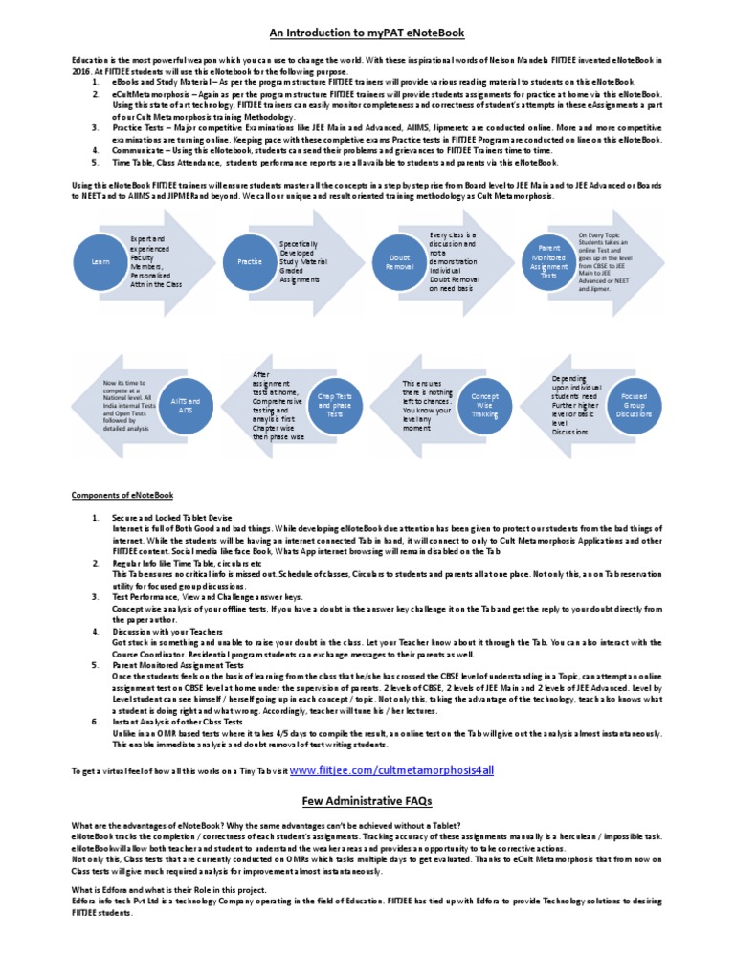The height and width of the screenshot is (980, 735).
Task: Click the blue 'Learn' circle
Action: pyautogui.click(x=94, y=260)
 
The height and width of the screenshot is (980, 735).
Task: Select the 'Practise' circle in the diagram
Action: pyautogui.click(x=242, y=260)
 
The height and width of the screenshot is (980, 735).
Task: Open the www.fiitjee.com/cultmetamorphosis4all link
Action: pyautogui.click(x=392, y=769)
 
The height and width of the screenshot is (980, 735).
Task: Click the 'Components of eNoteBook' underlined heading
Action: pyautogui.click(x=122, y=495)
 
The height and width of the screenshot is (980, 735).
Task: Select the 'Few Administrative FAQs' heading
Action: pyautogui.click(x=367, y=800)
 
